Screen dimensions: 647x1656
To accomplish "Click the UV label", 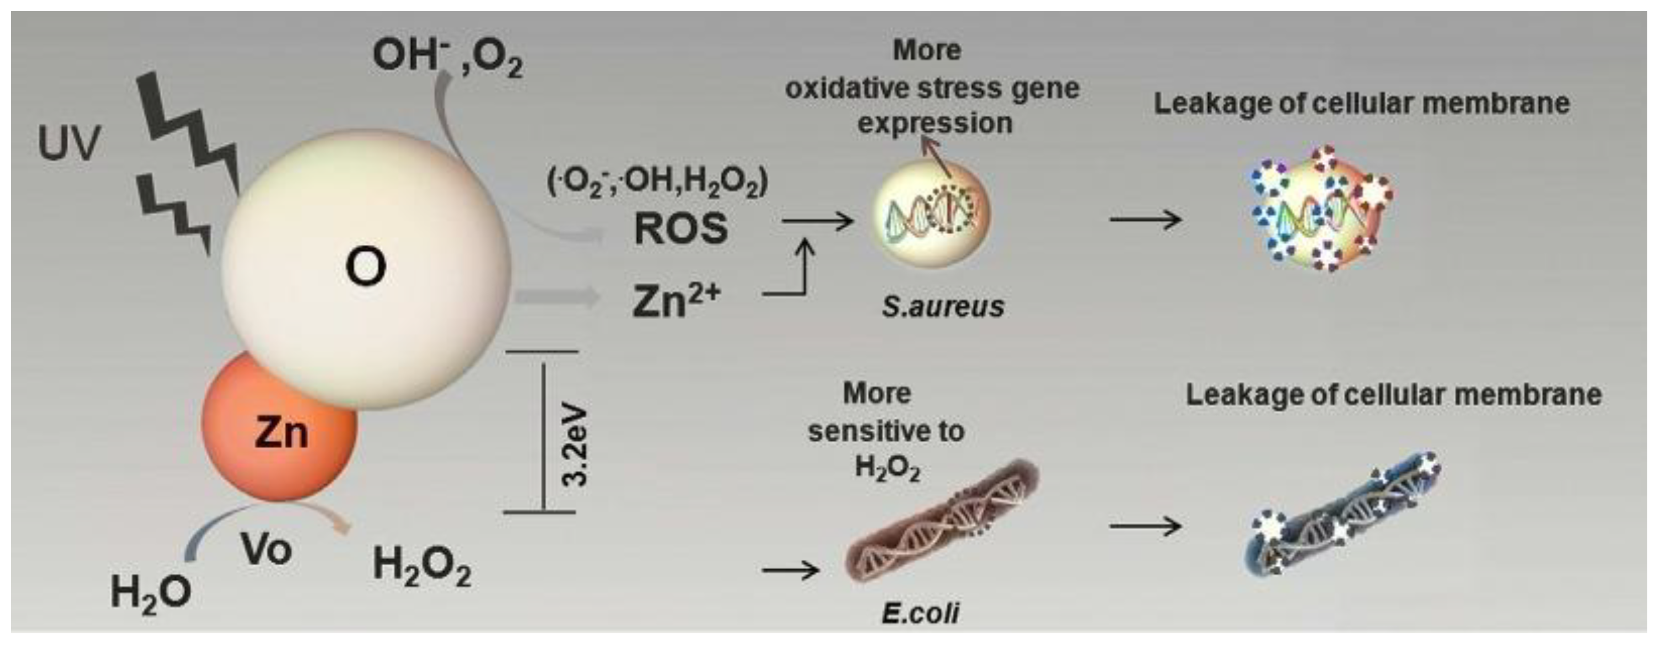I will tap(69, 143).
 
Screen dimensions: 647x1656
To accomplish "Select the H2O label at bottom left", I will tap(151, 592).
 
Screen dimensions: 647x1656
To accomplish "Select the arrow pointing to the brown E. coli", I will tap(790, 570).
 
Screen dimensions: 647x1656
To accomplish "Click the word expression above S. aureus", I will tap(935, 123).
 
